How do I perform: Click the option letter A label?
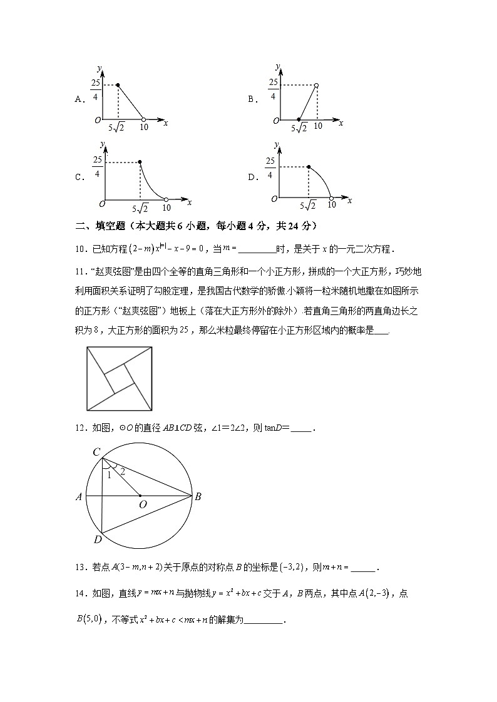coord(79,99)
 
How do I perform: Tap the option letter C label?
coord(79,177)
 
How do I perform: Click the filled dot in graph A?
coord(118,84)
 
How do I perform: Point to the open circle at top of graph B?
coord(317,85)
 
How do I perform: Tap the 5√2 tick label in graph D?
coord(308,205)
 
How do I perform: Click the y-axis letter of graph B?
coord(277,66)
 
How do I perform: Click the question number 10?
coord(80,249)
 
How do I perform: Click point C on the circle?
coord(96,452)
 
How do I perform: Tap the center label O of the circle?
coord(142,504)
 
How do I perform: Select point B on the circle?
coord(198,497)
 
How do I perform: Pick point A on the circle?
coord(79,498)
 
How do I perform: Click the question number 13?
coord(80,568)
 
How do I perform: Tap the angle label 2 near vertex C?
coord(122,471)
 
